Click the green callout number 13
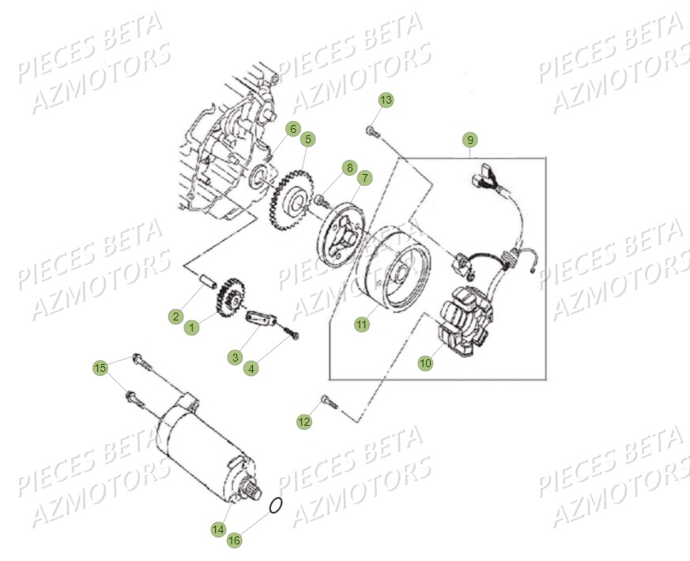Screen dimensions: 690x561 point(386,100)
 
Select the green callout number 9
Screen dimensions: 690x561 point(470,140)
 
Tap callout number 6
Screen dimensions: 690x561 point(292,129)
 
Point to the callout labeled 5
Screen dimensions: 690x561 point(308,139)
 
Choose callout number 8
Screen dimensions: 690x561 point(349,168)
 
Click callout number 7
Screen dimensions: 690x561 point(365,179)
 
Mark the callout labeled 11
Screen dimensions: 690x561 point(361,324)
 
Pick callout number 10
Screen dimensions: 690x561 point(425,363)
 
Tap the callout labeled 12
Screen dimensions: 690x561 point(304,422)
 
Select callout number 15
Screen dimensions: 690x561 point(100,367)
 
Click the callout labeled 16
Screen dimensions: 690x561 point(234,540)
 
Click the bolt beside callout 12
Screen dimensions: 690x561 point(329,402)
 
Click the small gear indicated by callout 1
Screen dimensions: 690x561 point(230,299)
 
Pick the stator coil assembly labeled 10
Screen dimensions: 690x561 point(465,322)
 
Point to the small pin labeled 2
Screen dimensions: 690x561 point(208,282)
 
